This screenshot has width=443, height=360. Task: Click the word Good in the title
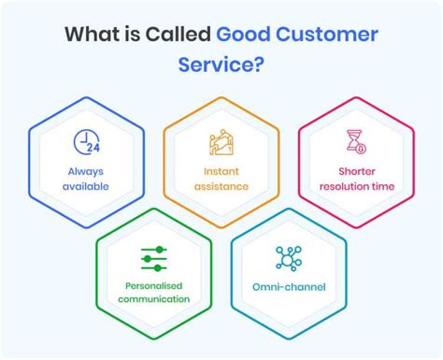[x=245, y=35]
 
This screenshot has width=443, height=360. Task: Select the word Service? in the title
[x=221, y=66]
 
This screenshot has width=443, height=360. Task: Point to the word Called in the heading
[x=179, y=35]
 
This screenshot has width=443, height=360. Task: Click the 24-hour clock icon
[x=87, y=141]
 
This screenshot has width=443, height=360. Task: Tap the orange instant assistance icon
[x=221, y=142]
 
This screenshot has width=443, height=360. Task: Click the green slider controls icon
[x=153, y=257]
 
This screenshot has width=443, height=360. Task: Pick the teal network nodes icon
[x=288, y=257]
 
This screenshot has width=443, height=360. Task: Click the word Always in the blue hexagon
[x=86, y=171]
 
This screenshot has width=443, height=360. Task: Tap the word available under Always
[x=86, y=185]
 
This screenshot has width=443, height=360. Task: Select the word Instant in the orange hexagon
[x=221, y=171]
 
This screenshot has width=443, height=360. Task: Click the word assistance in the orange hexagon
[x=221, y=185]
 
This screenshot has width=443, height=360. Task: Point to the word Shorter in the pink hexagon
[x=355, y=171]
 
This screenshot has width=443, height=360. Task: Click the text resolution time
[x=355, y=185]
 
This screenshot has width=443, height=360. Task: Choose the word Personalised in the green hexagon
[x=153, y=285]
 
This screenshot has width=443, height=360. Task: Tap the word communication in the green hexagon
[x=153, y=299]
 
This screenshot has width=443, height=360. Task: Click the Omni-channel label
[x=288, y=286]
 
